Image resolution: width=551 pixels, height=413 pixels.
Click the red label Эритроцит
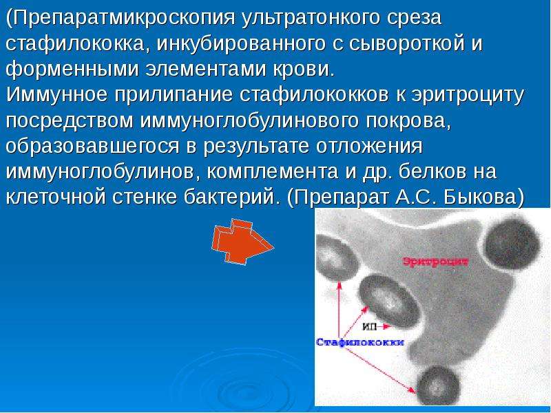coord(435,262)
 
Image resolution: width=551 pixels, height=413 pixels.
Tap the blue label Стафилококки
coord(360,342)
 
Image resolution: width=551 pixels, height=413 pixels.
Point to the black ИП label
coord(369,326)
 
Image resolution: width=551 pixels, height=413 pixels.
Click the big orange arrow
coord(242,241)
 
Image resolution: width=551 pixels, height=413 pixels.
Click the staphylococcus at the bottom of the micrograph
coord(438,385)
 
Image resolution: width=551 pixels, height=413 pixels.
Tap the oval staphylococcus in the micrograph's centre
coord(389,301)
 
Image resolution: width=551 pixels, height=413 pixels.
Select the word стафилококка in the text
coord(74,43)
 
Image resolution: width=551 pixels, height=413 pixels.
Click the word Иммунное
coord(56,95)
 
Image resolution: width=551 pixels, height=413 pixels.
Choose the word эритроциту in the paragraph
coord(468,95)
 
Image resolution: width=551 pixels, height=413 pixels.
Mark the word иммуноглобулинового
coord(249,120)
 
